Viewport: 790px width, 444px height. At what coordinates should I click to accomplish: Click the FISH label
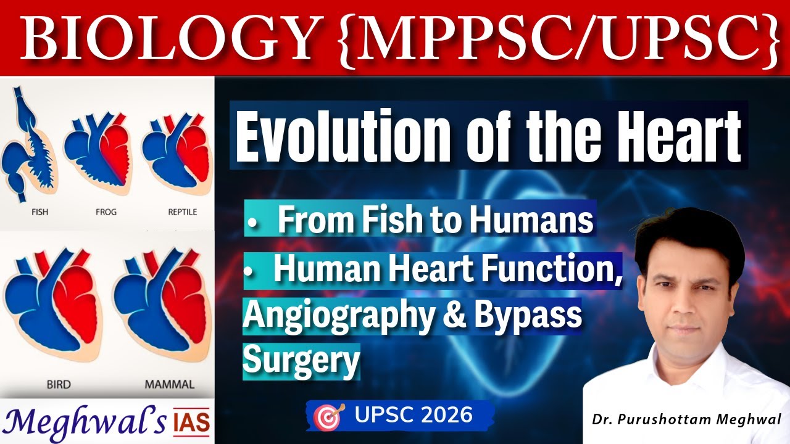pyautogui.click(x=39, y=212)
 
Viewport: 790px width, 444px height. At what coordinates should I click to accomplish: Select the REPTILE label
pyautogui.click(x=183, y=212)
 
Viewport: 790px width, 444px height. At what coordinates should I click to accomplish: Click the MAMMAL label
pyautogui.click(x=170, y=384)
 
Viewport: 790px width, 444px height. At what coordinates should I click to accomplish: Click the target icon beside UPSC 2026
pyautogui.click(x=327, y=417)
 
